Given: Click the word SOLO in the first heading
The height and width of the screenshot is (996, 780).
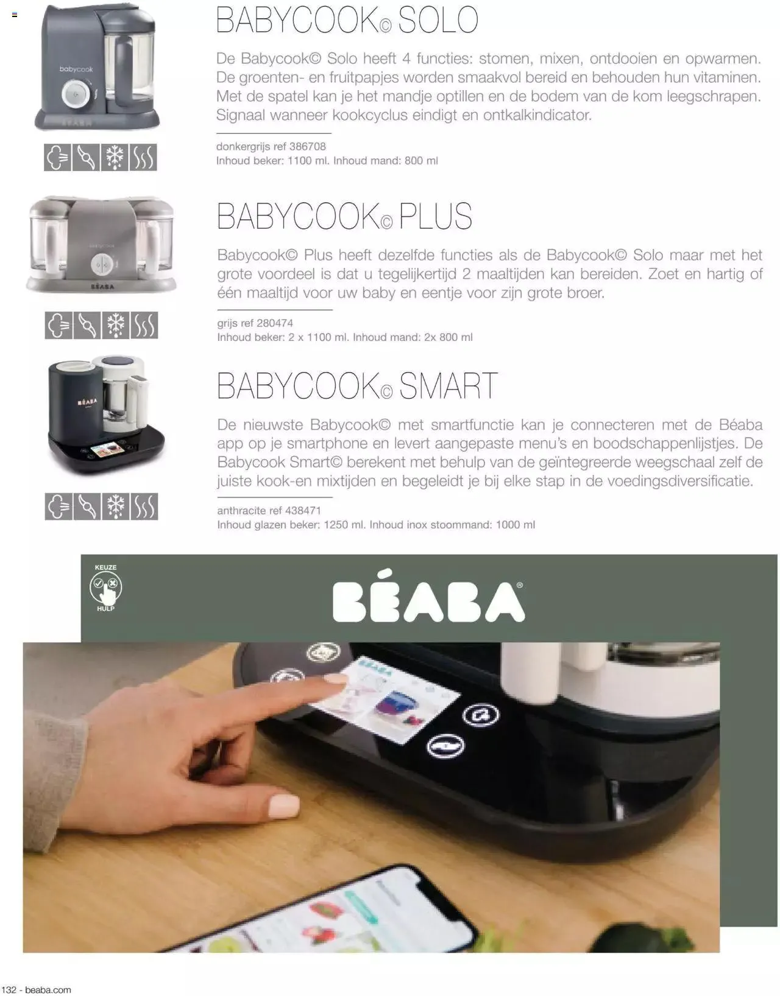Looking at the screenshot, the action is click(x=438, y=20).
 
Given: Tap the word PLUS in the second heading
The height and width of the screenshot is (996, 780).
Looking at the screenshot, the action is click(x=435, y=216).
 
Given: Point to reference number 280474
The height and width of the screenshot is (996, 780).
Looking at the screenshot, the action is click(x=274, y=323).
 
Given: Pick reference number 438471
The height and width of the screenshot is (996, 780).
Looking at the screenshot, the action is click(x=303, y=511).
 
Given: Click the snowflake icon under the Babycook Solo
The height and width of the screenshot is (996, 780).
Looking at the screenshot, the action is click(x=115, y=157).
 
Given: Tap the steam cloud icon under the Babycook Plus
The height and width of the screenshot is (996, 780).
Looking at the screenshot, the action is click(x=58, y=325).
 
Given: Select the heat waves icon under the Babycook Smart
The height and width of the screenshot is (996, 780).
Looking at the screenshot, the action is click(x=144, y=507).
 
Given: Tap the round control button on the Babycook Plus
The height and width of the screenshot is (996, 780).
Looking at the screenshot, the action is click(x=102, y=265).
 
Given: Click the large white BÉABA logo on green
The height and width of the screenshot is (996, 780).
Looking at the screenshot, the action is click(x=428, y=596).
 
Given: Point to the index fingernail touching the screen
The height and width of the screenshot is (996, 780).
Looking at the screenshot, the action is click(x=335, y=678).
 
